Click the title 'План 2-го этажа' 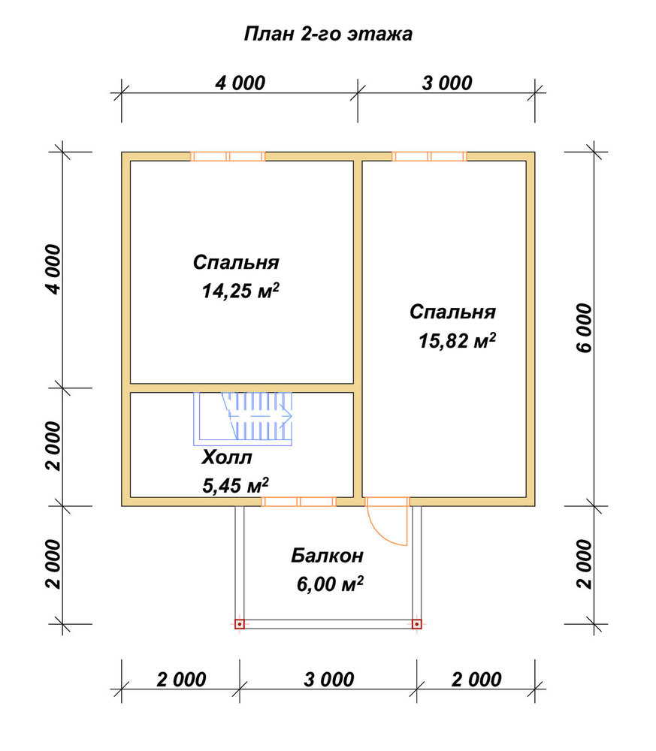(328, 35)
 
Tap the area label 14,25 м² (240, 291)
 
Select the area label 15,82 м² (457, 340)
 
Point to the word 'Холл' (227, 457)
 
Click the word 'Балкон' (328, 556)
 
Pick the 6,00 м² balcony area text (330, 584)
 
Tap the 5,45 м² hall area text (235, 486)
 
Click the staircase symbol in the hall (243, 419)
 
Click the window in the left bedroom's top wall (228, 156)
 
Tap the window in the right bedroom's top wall (429, 156)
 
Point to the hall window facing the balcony (299, 502)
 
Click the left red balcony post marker (240, 624)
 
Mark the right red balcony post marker (417, 624)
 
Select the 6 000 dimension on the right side (585, 328)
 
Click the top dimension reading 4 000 (240, 83)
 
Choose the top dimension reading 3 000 (447, 83)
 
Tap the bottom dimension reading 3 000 (328, 680)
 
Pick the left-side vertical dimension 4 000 (53, 270)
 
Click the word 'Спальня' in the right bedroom (453, 312)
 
